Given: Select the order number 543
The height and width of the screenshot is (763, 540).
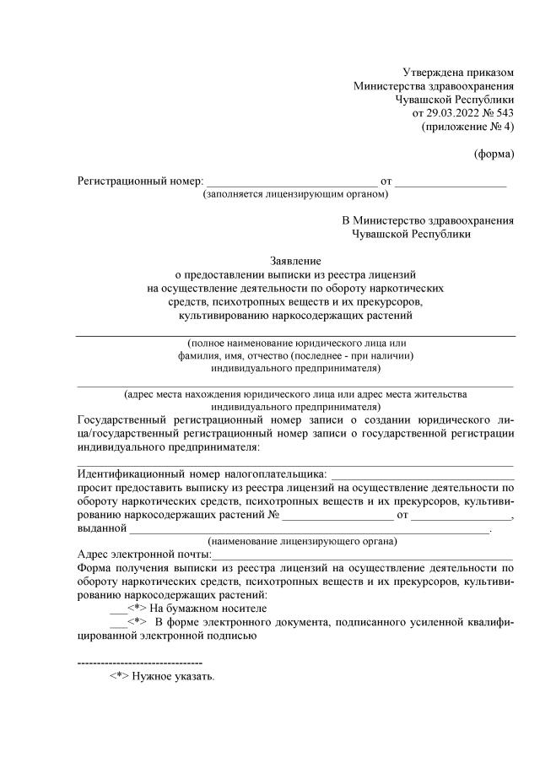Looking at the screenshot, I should click(x=505, y=112).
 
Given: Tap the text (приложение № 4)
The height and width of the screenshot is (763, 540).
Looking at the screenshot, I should click(x=467, y=127).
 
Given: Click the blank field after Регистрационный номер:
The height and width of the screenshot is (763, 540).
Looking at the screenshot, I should click(x=292, y=181).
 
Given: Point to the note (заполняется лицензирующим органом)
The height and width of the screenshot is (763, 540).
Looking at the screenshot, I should click(x=294, y=194).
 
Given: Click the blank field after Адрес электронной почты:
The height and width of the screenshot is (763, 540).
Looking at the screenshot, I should click(x=363, y=555).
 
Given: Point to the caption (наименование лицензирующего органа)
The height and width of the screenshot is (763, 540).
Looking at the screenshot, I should click(x=304, y=541).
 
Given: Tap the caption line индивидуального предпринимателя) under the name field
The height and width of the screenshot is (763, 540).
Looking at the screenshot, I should click(x=295, y=368).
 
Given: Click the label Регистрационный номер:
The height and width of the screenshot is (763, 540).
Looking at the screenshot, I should click(x=140, y=181).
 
